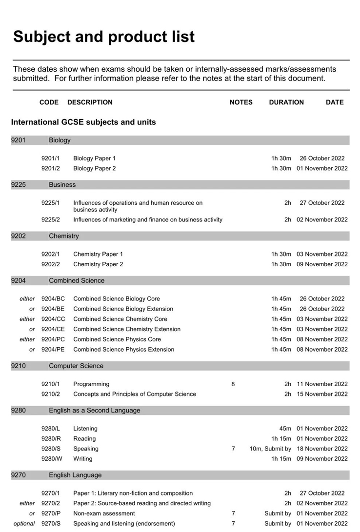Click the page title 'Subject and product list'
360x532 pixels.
(x=104, y=37)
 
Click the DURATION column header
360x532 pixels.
(x=286, y=102)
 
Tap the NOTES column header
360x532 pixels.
(x=241, y=102)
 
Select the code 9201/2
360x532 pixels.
(x=51, y=168)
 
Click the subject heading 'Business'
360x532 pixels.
(x=62, y=185)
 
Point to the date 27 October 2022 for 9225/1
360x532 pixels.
(x=322, y=203)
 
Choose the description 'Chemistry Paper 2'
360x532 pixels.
(x=98, y=264)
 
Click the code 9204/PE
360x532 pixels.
(x=53, y=349)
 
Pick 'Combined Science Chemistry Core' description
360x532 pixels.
(x=120, y=319)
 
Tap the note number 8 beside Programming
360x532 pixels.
(x=233, y=384)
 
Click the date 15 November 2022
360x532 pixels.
(x=322, y=394)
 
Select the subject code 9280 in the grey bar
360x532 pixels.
(x=18, y=411)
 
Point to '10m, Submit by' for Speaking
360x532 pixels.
(x=270, y=449)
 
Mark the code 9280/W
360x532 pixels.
(x=52, y=458)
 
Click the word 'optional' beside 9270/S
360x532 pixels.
(x=24, y=524)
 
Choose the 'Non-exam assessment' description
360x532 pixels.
(x=104, y=513)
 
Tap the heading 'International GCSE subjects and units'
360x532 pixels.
(x=83, y=122)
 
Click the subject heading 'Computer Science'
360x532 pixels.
(x=76, y=366)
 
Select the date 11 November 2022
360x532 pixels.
(x=322, y=384)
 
